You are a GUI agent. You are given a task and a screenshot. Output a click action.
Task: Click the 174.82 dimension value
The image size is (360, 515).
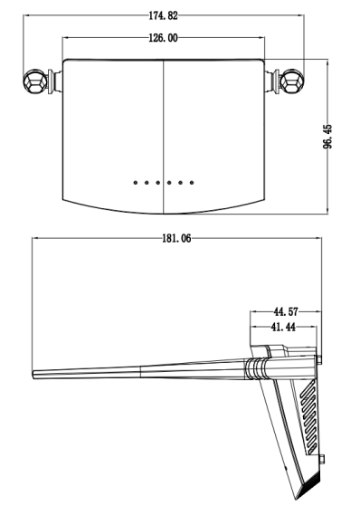163,15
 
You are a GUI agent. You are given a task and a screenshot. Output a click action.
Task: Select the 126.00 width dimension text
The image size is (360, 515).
163,38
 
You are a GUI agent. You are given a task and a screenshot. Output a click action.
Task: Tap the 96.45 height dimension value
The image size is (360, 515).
327,137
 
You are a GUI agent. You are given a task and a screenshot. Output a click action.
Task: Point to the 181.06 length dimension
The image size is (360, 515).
176,238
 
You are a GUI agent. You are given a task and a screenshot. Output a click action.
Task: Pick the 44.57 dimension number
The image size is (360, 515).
286,311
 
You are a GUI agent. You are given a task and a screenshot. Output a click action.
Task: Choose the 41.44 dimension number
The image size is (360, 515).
283,327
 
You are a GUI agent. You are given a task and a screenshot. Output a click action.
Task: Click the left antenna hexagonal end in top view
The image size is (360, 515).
35,81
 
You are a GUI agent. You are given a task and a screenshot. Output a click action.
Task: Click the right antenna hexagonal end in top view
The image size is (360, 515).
292,81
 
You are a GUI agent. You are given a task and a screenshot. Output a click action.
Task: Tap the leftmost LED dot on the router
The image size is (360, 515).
135,182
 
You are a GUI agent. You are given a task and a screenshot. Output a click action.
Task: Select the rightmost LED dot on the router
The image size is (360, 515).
192,182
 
